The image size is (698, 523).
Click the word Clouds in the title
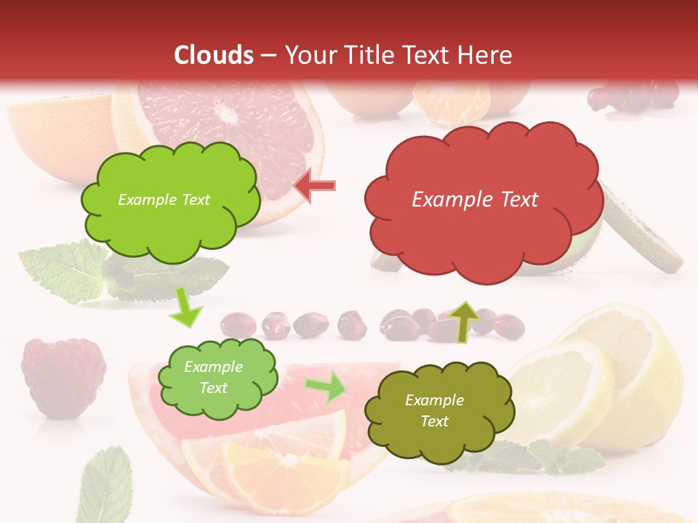[214, 55]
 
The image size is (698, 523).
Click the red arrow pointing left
[315, 185]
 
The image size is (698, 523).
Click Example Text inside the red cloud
[475, 200]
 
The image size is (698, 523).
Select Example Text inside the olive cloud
[434, 410]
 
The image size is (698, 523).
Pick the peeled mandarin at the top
[452, 102]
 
